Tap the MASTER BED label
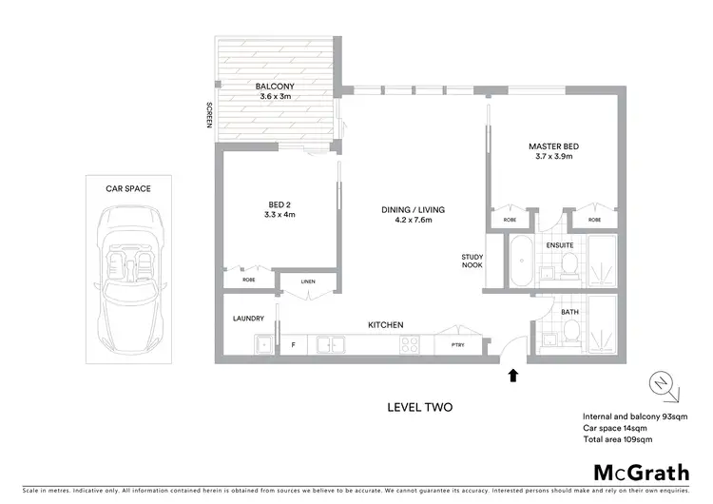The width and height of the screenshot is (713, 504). (x=553, y=146)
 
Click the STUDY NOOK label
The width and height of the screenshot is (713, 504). (x=472, y=260)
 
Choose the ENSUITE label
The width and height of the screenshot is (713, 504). (x=559, y=244)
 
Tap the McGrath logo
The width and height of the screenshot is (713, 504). (x=643, y=472)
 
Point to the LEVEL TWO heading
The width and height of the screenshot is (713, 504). (x=419, y=407)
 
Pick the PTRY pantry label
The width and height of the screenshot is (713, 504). (x=458, y=345)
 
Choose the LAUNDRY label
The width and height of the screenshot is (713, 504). (x=248, y=319)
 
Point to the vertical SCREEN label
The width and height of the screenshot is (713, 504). (x=209, y=117)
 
